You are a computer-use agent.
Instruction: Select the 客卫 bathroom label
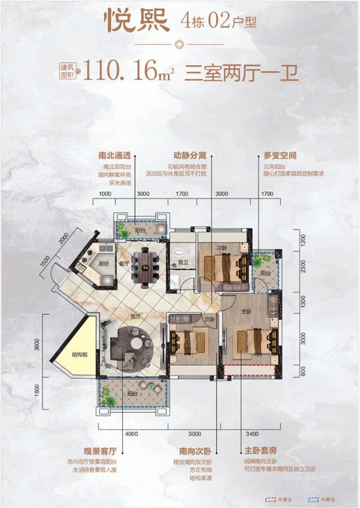click(182, 262)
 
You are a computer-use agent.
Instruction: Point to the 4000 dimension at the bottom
click(131, 433)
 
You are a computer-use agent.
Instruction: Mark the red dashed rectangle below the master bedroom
click(249, 370)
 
